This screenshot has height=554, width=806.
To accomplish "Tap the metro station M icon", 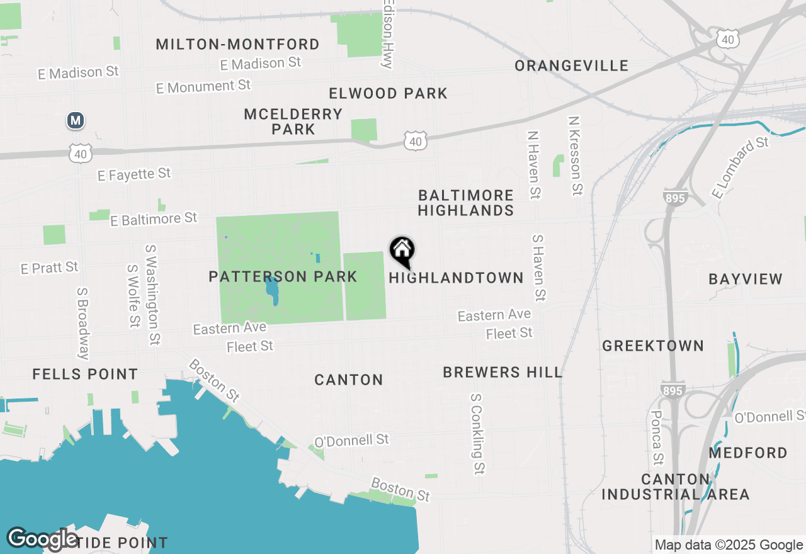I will pyautogui.click(x=76, y=120).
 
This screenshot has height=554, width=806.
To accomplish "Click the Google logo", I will pyautogui.click(x=42, y=538).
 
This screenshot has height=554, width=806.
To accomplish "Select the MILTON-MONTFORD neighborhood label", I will pyautogui.click(x=237, y=45).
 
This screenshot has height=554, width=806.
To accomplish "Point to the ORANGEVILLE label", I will pyautogui.click(x=571, y=66).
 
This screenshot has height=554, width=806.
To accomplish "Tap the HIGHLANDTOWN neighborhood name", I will pyautogui.click(x=457, y=278).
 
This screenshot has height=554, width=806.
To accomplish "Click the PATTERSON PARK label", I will pyautogui.click(x=283, y=276).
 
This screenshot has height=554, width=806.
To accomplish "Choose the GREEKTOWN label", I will pyautogui.click(x=653, y=346).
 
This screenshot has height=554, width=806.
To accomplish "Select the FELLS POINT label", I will pyautogui.click(x=85, y=374).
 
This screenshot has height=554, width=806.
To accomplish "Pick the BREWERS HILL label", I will pyautogui.click(x=502, y=372).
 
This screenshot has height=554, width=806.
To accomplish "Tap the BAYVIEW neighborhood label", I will pyautogui.click(x=746, y=279).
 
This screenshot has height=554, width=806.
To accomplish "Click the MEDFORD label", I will pyautogui.click(x=748, y=453).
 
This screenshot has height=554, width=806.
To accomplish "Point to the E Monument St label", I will pyautogui.click(x=203, y=86).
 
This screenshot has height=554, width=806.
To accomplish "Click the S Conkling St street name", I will pyautogui.click(x=478, y=434).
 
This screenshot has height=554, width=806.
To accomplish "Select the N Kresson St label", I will pyautogui.click(x=575, y=155).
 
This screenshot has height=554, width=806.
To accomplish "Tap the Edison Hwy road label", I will pyautogui.click(x=388, y=35).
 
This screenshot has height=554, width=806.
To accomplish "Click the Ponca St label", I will pyautogui.click(x=657, y=437).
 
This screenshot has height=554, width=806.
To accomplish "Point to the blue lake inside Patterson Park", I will pyautogui.click(x=273, y=290).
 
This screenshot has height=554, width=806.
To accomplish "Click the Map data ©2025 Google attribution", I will pyautogui.click(x=729, y=545).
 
